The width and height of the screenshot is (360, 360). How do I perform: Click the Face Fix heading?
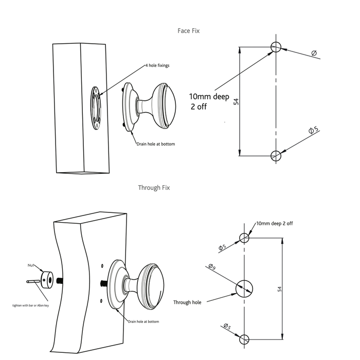(x=189, y=31)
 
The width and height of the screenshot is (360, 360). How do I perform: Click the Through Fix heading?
(x=154, y=188)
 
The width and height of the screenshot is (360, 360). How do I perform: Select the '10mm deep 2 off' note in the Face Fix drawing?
(x=210, y=102)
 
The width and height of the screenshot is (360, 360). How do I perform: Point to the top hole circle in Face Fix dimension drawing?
(x=276, y=47)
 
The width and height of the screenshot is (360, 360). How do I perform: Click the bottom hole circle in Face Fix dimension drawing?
(x=276, y=155)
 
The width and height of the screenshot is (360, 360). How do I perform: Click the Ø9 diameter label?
(x=211, y=266)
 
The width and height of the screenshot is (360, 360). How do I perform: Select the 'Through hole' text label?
(x=187, y=302)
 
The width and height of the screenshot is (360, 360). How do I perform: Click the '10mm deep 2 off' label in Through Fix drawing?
(x=275, y=223)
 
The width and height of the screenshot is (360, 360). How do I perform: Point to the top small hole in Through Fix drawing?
(x=244, y=238)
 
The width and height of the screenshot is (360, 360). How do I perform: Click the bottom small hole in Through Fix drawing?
(x=244, y=339)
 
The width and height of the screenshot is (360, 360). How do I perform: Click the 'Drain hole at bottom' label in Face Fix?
(x=155, y=144)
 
